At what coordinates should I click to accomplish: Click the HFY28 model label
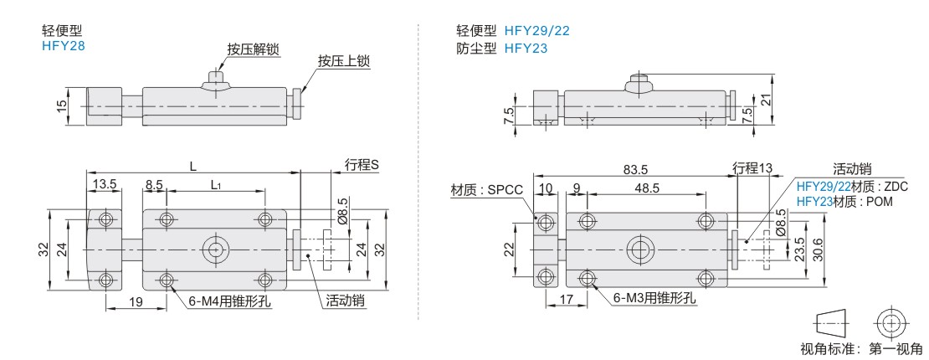coord(64,45)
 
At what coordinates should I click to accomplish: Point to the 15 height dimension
coord(62,107)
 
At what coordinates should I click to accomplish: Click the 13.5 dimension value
coord(105,184)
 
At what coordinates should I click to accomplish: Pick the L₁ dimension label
coord(216,185)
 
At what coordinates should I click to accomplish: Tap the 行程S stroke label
coord(361,166)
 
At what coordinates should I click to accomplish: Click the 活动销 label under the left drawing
coord(346,301)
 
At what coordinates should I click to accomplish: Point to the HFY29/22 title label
coord(536,31)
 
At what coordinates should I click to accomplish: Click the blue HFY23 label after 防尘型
coord(526,49)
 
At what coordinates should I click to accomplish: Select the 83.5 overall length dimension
coord(635,169)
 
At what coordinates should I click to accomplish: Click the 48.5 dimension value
coord(646,188)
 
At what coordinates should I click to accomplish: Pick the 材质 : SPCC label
coord(487,190)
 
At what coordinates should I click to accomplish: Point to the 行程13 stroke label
coord(752,167)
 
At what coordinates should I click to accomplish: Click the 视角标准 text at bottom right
coord(825,348)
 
